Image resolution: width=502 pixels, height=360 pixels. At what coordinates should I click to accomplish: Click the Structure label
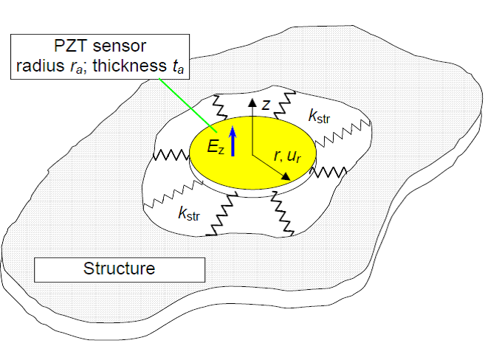click(119, 269)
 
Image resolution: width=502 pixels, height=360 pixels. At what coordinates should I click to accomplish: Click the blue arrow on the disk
click(233, 141)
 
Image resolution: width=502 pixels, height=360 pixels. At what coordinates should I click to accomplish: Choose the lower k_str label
click(189, 214)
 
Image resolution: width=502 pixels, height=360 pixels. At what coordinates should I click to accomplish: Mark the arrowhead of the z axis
click(252, 101)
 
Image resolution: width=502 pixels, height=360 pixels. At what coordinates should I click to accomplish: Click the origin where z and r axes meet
click(252, 154)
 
